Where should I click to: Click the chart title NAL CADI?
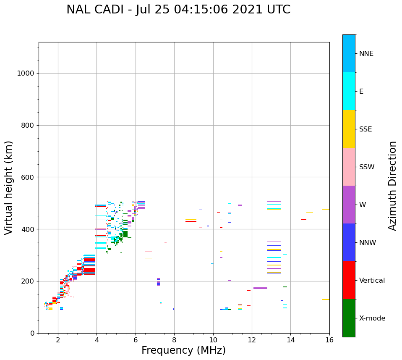(178, 10)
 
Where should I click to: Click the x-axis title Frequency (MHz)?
(183, 350)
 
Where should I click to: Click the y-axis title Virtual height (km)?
(9, 188)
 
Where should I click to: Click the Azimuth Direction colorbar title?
(392, 186)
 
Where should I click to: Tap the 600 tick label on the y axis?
(28, 177)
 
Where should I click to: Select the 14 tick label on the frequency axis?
(291, 339)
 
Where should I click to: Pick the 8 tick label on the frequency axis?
(174, 339)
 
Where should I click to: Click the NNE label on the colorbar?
(366, 54)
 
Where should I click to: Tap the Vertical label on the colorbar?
(372, 281)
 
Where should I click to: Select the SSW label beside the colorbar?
(367, 167)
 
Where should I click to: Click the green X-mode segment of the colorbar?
(349, 318)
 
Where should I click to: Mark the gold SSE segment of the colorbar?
(349, 129)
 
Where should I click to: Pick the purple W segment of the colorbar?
(349, 205)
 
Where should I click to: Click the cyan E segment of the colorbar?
(349, 91)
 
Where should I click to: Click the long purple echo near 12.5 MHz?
(260, 288)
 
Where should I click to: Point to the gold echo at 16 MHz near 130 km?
(326, 300)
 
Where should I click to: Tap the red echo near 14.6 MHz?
(303, 219)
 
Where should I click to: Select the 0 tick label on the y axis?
(31, 333)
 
